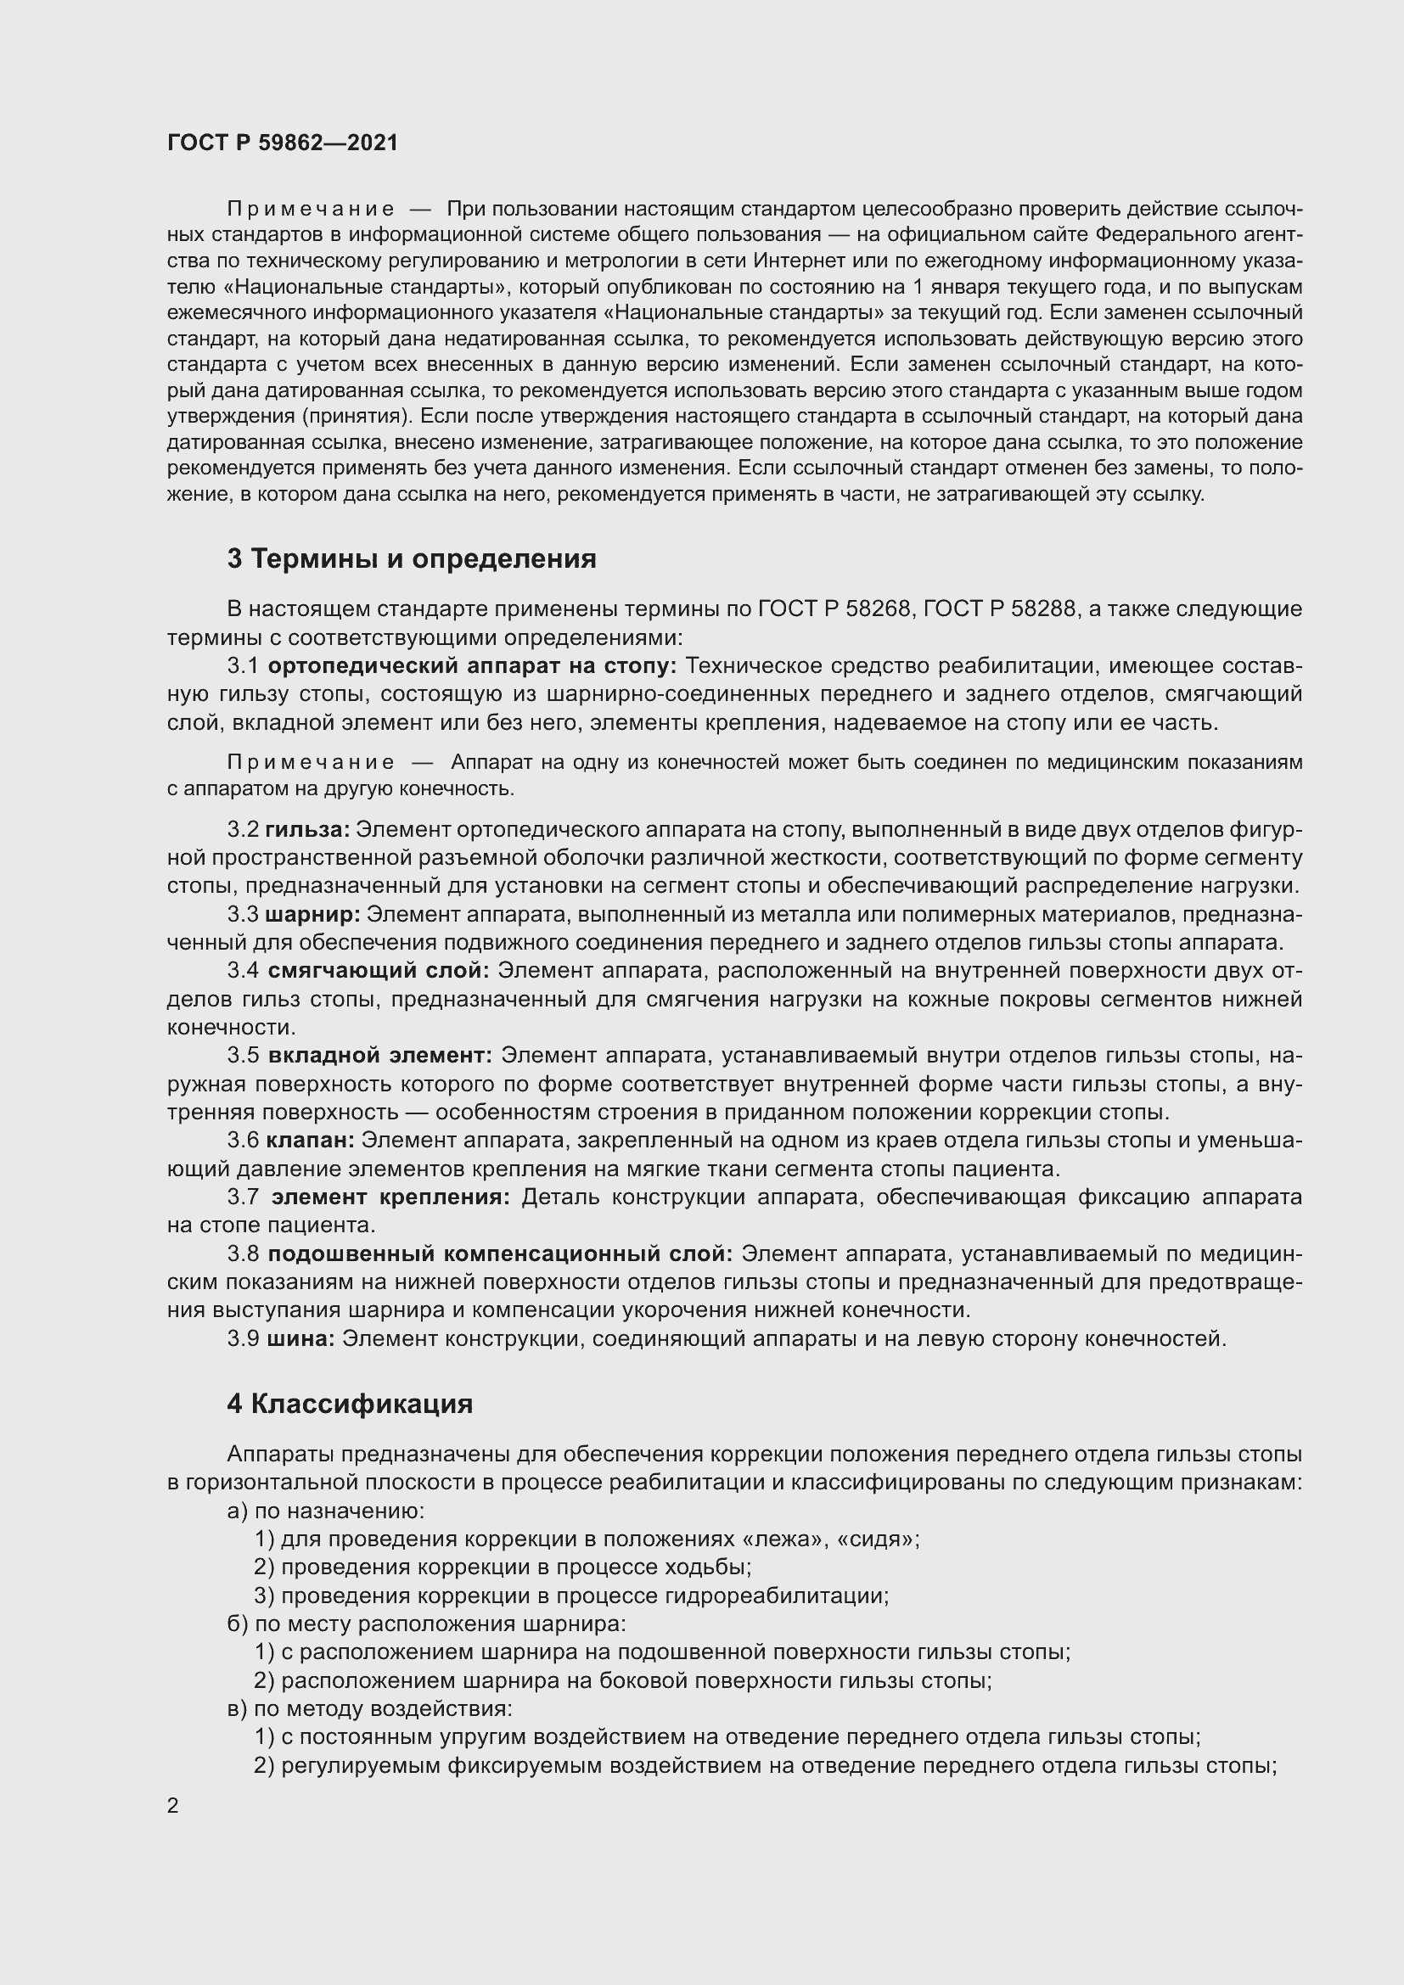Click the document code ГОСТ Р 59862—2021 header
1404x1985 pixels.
coord(283,143)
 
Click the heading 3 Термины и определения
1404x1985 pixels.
coord(412,558)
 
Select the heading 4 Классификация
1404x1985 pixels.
coord(349,1403)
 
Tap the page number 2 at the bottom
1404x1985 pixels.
coord(173,1805)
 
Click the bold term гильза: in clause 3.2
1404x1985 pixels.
coord(307,829)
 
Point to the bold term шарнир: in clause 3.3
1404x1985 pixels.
coord(312,914)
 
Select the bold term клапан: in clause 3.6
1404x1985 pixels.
coord(311,1141)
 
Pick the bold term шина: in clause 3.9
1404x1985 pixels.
coord(300,1338)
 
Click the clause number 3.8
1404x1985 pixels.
coord(243,1253)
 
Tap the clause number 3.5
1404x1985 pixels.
coord(243,1055)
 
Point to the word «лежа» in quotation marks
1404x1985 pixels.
coord(784,1539)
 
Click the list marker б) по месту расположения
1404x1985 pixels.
coord(237,1623)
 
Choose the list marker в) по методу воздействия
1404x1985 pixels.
coord(237,1708)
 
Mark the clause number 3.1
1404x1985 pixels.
coord(243,665)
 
